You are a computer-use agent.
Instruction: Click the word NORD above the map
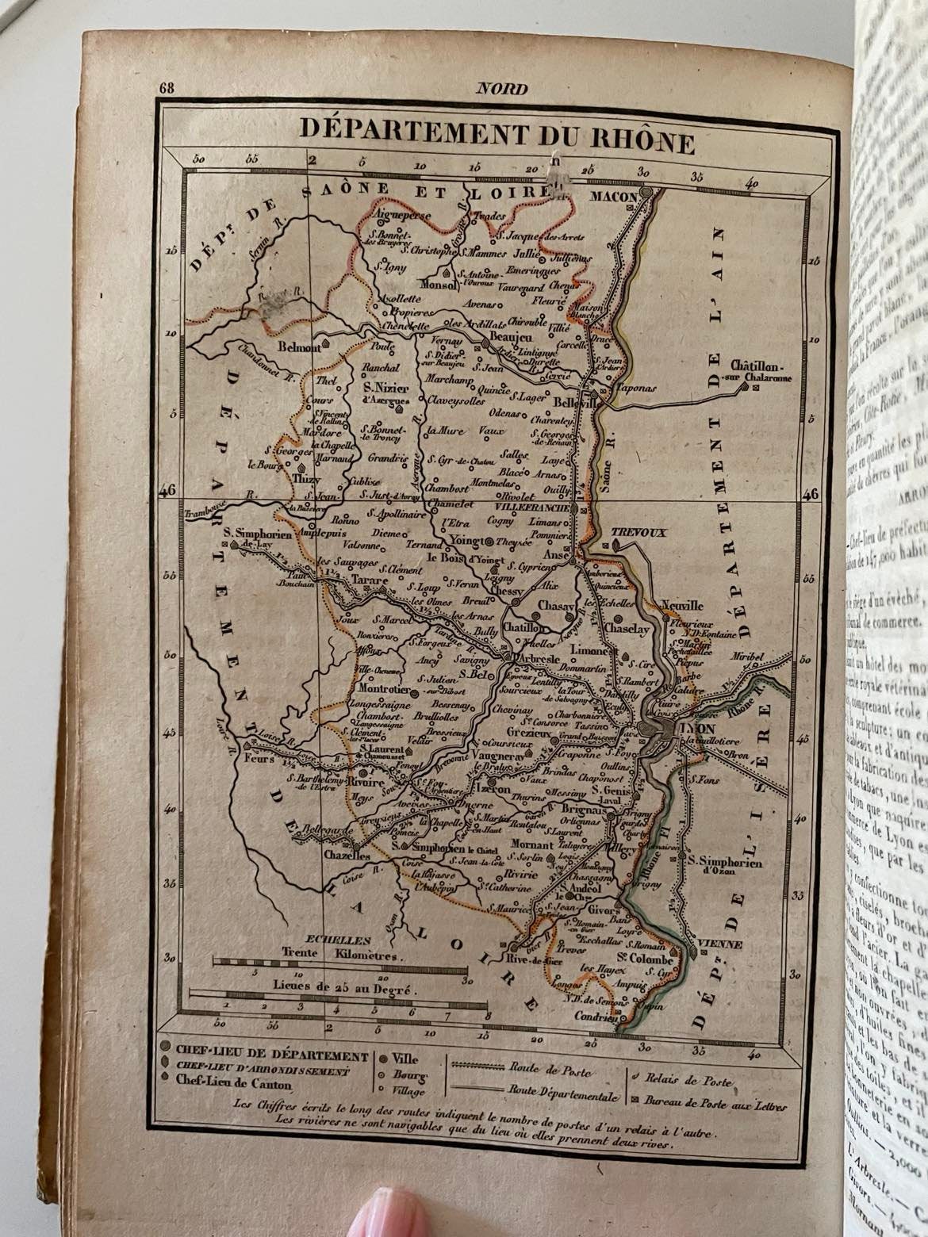pos(500,90)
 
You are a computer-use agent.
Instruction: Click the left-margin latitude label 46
pos(167,492)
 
